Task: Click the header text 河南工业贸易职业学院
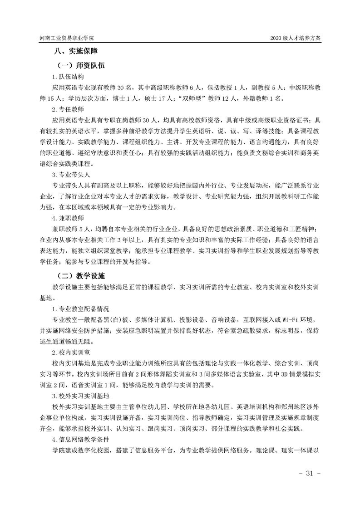69,39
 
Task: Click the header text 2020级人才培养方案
295,39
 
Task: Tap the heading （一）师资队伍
80,65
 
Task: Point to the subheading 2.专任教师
67,109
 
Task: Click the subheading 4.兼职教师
67,217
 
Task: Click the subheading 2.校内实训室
70,352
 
